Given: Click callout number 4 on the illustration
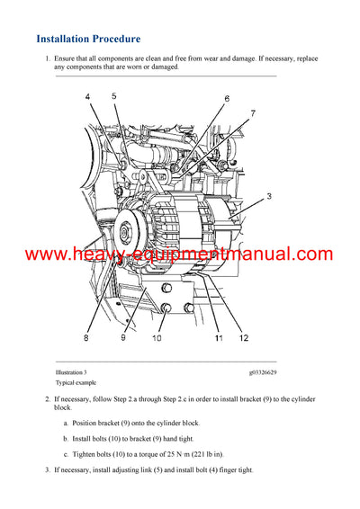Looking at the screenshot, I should point(87,96).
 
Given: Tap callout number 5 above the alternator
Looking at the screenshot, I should point(114,96).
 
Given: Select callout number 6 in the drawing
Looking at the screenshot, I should point(227,98).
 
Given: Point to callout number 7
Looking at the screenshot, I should point(253,113).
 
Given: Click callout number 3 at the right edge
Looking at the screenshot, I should point(269,195).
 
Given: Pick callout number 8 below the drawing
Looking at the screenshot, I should point(86,338).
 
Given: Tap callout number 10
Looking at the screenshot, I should point(156,338).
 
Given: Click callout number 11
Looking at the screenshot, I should point(219,338).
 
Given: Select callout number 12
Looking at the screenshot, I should point(244,338).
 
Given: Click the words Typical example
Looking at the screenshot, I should point(75,382).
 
